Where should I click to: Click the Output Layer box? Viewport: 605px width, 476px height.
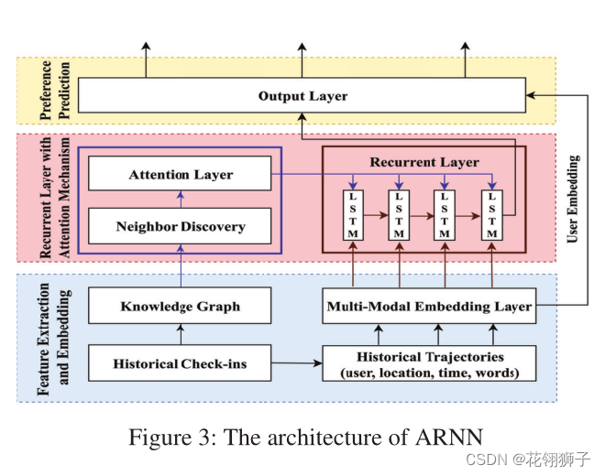pos(302,95)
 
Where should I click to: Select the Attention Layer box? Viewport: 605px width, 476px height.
pos(180,173)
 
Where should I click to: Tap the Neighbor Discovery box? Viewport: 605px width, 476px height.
pos(180,226)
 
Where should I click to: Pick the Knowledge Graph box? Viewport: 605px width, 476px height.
pos(180,306)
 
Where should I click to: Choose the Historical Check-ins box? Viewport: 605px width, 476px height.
pos(180,363)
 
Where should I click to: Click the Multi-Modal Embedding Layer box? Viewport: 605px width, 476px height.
pos(429,306)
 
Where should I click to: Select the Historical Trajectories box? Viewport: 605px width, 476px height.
pos(429,363)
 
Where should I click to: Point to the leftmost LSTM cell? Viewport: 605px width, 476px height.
pos(353,215)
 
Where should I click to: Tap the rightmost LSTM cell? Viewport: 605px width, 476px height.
pos(492,215)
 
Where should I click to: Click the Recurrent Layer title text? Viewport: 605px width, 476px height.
pos(424,162)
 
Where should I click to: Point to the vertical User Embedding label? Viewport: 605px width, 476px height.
pos(573,199)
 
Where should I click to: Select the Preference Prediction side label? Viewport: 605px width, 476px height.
pos(55,91)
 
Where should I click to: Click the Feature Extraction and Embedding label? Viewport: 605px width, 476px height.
pos(54,340)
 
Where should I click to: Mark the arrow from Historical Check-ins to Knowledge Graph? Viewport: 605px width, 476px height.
pos(181,334)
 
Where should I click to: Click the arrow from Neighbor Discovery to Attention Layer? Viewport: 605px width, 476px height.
pos(181,200)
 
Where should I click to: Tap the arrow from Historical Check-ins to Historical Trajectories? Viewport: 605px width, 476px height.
pos(297,363)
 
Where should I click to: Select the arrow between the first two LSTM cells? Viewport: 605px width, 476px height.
pos(376,215)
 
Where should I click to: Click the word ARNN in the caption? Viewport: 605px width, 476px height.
pos(449,437)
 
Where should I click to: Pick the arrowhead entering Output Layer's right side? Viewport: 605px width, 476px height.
pos(531,95)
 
